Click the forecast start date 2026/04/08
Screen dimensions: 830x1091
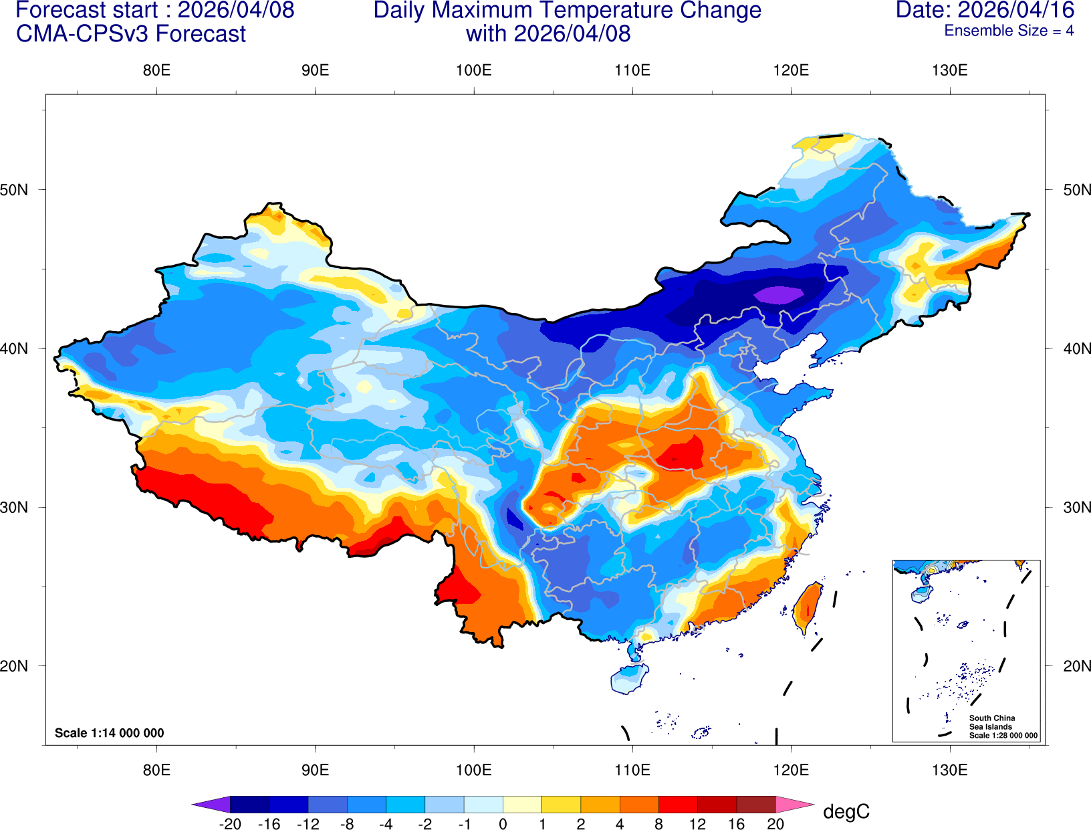[235, 10]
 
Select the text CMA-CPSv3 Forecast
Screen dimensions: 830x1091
[131, 33]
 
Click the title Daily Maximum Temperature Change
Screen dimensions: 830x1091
[567, 10]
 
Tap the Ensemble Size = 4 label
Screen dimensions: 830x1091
[1009, 31]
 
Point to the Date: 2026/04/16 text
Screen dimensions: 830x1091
[985, 10]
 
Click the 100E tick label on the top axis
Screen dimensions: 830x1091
[473, 70]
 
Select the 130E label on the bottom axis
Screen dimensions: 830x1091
[949, 770]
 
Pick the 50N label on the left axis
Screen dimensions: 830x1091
[15, 189]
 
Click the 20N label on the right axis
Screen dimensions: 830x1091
[1076, 666]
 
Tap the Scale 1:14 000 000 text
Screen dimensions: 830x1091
[109, 733]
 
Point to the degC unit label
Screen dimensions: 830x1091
[846, 812]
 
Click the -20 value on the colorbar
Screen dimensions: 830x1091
[230, 824]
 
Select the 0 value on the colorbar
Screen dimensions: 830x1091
[503, 824]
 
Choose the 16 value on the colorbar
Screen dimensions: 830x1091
[736, 824]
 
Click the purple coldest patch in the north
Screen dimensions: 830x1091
[779, 294]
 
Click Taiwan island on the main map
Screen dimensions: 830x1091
[808, 607]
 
